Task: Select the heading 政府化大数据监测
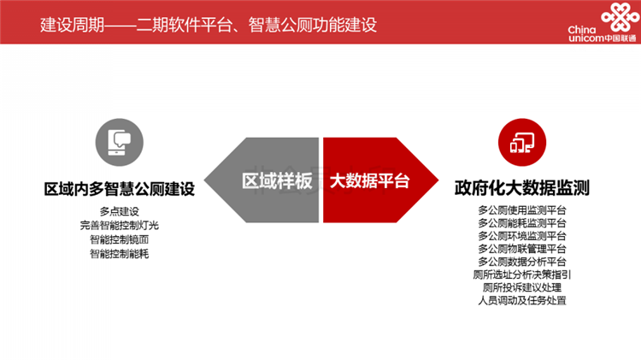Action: point(522,187)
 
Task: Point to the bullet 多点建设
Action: point(119,211)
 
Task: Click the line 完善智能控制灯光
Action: point(119,226)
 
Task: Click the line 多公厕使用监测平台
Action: point(522,210)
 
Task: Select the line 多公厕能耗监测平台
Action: point(522,223)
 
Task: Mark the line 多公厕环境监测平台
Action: point(522,236)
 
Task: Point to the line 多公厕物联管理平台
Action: point(522,249)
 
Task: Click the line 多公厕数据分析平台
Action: point(522,262)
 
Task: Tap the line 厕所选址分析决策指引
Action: point(522,274)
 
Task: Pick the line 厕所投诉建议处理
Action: point(522,287)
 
